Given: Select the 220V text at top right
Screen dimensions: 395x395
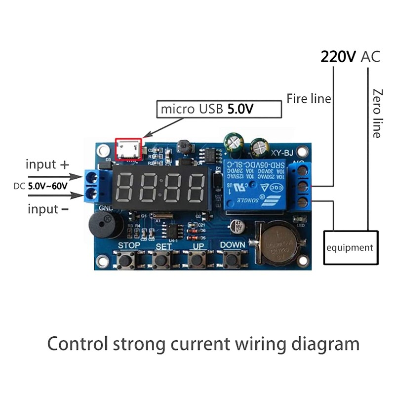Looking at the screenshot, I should (x=338, y=56).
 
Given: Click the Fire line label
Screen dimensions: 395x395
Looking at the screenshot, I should (x=309, y=99).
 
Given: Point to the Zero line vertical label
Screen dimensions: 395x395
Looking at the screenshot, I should (x=377, y=113).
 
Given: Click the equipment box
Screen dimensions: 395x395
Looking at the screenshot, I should (x=350, y=247).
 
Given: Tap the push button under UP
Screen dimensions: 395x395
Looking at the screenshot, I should (x=197, y=258).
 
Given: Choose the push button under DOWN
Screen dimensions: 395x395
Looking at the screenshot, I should (x=232, y=258).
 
